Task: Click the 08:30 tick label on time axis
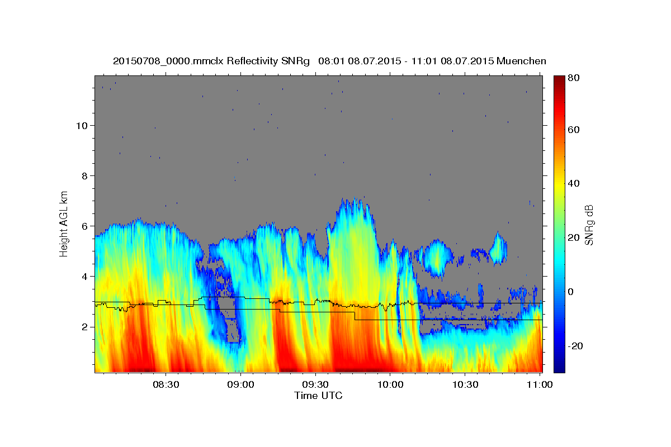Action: pos(166,385)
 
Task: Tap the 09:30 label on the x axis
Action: pos(315,385)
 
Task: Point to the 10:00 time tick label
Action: pos(390,385)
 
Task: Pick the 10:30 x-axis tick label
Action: pos(465,385)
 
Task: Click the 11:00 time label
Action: pos(540,385)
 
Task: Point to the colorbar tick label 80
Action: pos(574,78)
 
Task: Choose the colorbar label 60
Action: pos(574,130)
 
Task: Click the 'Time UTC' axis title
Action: pos(318,396)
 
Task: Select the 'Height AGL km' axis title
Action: pos(64,223)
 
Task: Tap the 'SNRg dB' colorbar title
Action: pos(589,224)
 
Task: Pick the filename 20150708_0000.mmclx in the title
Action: pos(168,61)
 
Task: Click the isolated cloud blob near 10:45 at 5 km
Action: pos(498,249)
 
